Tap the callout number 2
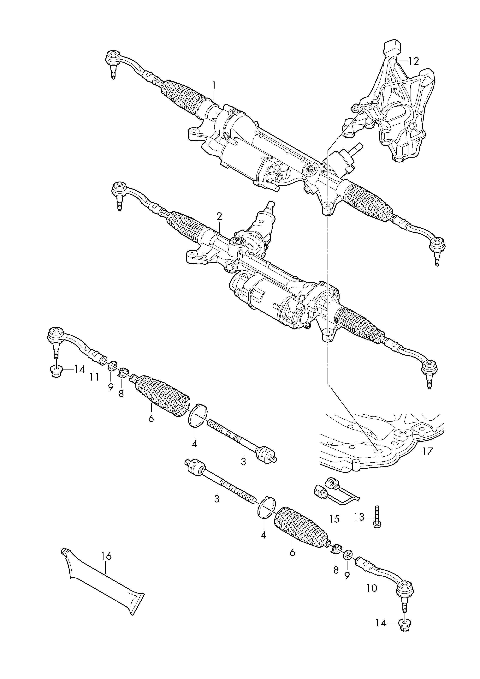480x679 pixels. click(x=219, y=217)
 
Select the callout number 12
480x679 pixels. click(x=414, y=61)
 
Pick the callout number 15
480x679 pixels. click(x=335, y=519)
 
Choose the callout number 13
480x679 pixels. click(x=359, y=517)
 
